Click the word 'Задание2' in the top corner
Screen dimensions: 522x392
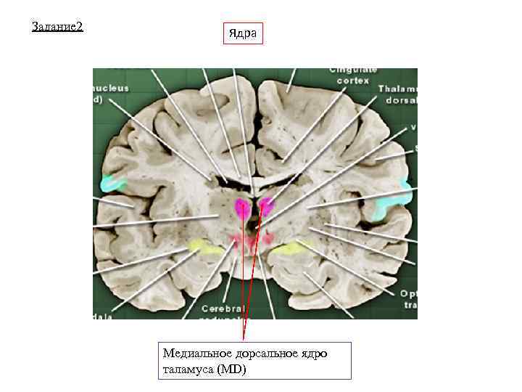[x=59, y=27]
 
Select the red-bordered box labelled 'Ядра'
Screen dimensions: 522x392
[x=243, y=33]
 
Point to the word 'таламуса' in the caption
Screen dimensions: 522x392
[x=189, y=369]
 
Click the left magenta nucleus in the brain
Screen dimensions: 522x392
[x=241, y=208]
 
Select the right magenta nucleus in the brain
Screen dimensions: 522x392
[x=267, y=207]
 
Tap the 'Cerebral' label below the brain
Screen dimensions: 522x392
[x=222, y=307]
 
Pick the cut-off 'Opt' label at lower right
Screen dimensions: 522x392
[x=407, y=294]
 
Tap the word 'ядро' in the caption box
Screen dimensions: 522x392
[x=312, y=354]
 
